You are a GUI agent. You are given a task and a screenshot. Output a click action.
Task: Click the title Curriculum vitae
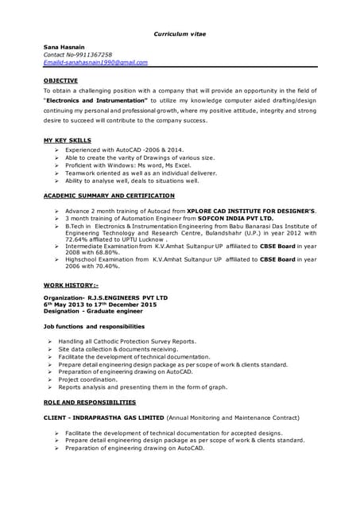[x=179, y=33]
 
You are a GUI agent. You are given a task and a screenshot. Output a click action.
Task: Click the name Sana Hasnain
[x=62, y=48]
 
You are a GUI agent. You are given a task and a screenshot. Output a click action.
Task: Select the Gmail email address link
[x=95, y=62]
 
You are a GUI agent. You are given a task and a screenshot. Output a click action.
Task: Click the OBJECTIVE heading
[x=60, y=80]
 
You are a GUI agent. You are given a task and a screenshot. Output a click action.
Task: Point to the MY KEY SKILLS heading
[x=67, y=140]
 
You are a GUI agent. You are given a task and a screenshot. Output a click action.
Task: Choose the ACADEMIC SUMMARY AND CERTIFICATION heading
[x=109, y=195]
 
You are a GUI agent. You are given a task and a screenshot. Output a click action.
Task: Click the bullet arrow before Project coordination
[x=50, y=379]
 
